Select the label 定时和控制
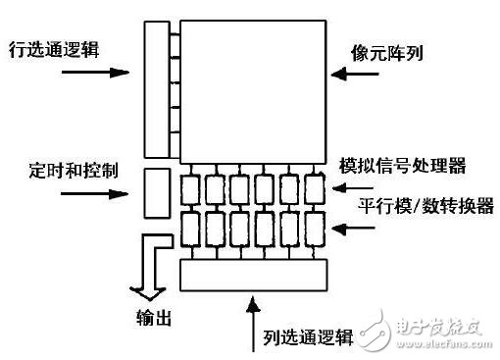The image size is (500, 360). (x=61, y=169)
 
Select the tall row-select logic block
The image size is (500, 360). (x=158, y=87)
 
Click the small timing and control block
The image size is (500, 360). (x=158, y=193)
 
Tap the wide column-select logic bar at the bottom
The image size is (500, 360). (x=255, y=276)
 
